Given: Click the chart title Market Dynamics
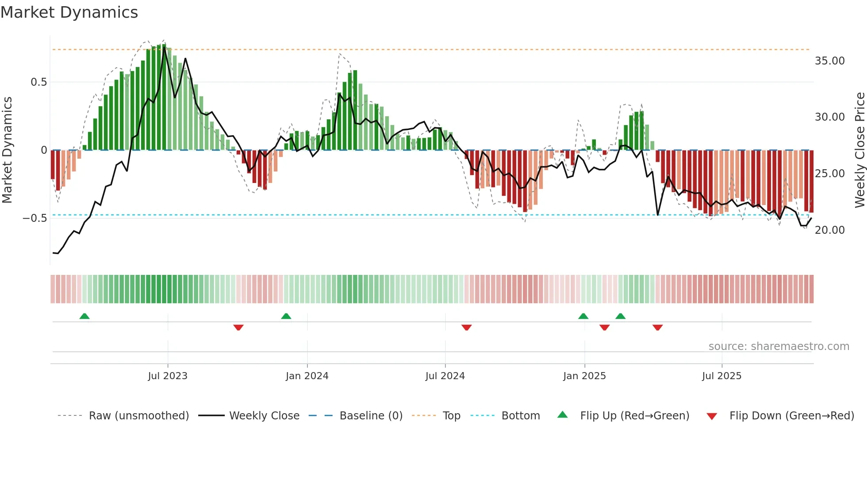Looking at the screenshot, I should (69, 12).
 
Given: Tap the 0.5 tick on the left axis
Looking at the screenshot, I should (38, 82).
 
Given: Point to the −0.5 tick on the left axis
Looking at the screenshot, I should (35, 218).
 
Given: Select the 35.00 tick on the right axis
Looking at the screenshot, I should (829, 61).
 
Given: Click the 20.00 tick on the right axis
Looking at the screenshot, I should (829, 230).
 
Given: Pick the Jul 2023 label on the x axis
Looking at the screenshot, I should (168, 376).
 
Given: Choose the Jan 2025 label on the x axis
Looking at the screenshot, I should (584, 376).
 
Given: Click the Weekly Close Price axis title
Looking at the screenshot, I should (859, 150).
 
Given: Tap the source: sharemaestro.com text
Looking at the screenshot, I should (779, 346).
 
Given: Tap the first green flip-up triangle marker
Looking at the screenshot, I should (84, 316).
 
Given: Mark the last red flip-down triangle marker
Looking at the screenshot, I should (657, 327).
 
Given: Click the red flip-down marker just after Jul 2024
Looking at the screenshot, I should (467, 327).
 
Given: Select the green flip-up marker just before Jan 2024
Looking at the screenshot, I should (286, 316).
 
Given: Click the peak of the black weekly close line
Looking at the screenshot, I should (164, 47).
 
